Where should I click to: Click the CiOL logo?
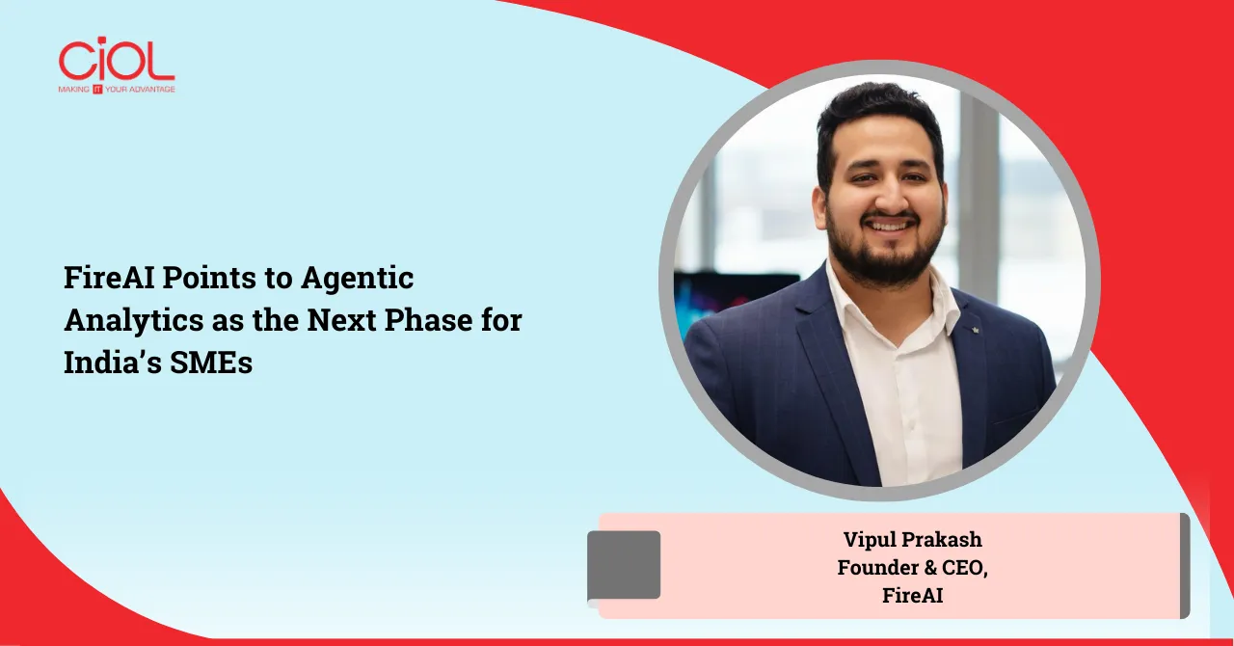[x=117, y=65]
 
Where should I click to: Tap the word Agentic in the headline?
[x=357, y=279]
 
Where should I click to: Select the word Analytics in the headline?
[x=134, y=321]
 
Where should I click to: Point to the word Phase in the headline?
[x=428, y=320]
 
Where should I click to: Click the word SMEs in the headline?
[x=211, y=363]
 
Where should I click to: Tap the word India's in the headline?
[x=113, y=363]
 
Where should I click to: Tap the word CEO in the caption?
[x=965, y=568]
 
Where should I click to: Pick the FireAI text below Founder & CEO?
[x=912, y=596]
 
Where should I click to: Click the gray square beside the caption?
[x=624, y=565]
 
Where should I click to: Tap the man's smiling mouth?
[x=889, y=225]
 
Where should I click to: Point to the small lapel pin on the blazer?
[x=975, y=330]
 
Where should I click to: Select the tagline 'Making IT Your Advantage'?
[x=117, y=90]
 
